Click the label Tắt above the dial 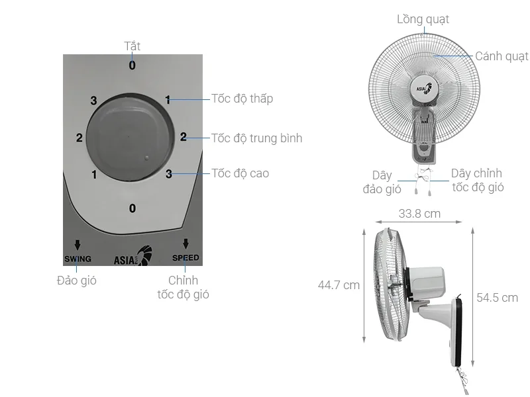click(132, 46)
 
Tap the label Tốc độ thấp click(242, 99)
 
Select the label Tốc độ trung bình click(256, 138)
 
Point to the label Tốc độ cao click(240, 173)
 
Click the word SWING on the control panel click(78, 259)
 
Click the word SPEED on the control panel click(185, 258)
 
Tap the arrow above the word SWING click(78, 245)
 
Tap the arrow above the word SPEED click(185, 243)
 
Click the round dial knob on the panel click(131, 137)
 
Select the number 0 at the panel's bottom click(132, 208)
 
